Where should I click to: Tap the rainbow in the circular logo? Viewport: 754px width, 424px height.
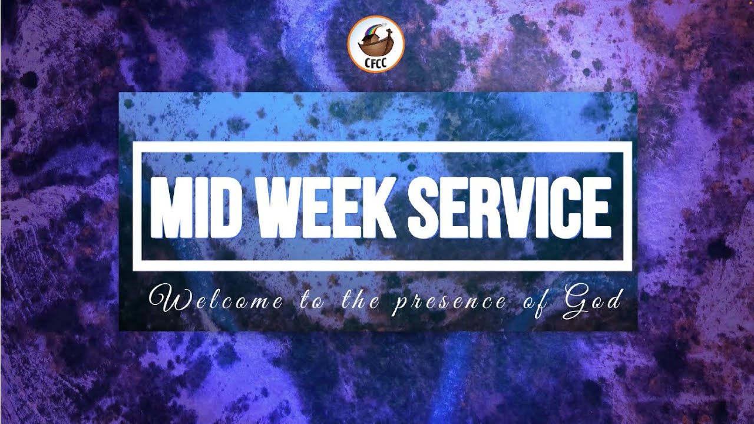click(x=371, y=30)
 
